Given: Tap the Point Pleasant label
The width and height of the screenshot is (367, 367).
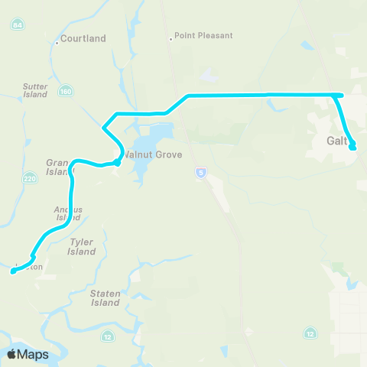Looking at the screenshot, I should [x=203, y=35].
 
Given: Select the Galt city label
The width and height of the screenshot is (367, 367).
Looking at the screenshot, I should [x=336, y=141].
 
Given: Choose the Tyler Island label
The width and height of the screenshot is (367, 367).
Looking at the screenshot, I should [x=81, y=247].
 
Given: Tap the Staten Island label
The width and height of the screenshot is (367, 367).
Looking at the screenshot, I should [x=105, y=298].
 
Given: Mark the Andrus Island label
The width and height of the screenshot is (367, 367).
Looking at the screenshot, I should [x=67, y=213].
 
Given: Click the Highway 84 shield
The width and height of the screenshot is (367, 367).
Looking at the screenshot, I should [x=17, y=25].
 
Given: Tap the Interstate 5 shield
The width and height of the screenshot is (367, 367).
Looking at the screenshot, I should [x=200, y=173].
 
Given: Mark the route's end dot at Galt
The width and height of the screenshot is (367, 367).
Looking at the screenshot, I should [x=352, y=147].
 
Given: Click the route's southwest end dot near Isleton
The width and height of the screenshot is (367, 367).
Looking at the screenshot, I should [x=14, y=270].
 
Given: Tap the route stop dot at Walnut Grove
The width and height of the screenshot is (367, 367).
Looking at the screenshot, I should [x=118, y=162].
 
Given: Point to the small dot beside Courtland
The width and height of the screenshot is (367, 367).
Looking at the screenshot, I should [x=57, y=44].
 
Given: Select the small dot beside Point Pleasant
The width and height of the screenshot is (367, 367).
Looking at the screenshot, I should [x=171, y=37].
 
